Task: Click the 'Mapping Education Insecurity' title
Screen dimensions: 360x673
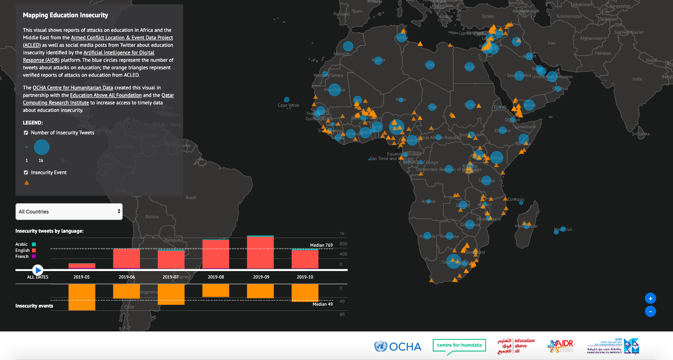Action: (66, 15)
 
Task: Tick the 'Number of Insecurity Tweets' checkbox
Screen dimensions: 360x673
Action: (26, 133)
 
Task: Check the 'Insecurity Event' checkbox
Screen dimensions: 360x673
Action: (26, 173)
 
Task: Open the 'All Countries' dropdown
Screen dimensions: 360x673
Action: (69, 212)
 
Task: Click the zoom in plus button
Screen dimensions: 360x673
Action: (650, 298)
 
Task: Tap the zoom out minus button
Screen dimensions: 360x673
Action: (650, 311)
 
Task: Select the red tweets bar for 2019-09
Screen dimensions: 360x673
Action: (260, 253)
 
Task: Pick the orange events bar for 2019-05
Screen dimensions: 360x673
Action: (81, 297)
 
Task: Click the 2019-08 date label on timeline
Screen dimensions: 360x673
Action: (216, 277)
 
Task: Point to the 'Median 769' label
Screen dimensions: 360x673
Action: (321, 245)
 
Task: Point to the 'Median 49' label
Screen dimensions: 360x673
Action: (323, 304)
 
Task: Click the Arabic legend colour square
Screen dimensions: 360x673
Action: (34, 244)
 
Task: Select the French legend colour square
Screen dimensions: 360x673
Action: (34, 257)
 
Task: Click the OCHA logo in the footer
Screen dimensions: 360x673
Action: (398, 346)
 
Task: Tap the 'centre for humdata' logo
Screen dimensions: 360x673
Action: (459, 345)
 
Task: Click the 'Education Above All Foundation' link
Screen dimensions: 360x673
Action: (106, 95)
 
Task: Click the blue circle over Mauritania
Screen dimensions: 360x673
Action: (334, 89)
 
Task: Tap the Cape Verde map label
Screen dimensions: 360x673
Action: (288, 105)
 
